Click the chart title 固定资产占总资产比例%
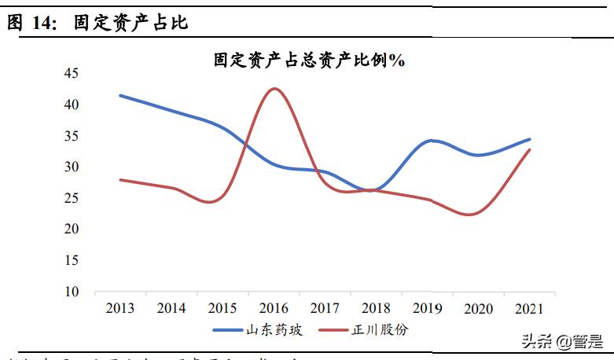click(x=309, y=60)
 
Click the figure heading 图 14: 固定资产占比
click(x=98, y=23)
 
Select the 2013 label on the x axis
click(x=120, y=308)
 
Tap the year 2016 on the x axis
click(x=274, y=308)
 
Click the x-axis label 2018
click(x=376, y=308)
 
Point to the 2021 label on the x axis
click(x=529, y=308)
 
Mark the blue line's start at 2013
click(x=120, y=95)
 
